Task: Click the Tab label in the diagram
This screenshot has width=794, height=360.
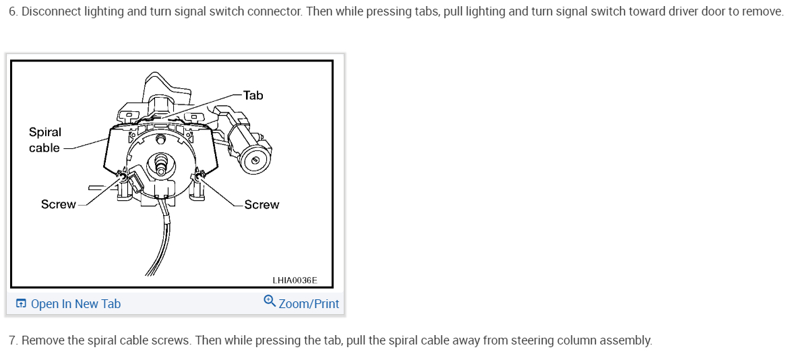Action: pos(253,95)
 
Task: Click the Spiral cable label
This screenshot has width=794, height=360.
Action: pos(44,140)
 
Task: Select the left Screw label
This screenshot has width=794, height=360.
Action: pos(58,204)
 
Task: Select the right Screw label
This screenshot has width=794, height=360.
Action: pos(262,204)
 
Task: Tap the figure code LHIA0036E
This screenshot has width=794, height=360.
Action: pos(295,280)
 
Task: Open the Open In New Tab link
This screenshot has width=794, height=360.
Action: pos(75,304)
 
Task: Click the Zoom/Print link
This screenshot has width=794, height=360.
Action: pos(309,304)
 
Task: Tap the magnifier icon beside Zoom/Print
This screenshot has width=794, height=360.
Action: pos(270,301)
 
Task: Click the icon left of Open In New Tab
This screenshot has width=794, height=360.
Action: pos(22,304)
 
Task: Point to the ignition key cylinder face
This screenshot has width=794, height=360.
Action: pos(255,160)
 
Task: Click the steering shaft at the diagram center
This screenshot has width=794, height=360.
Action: pos(161,163)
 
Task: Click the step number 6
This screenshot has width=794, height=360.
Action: pos(12,13)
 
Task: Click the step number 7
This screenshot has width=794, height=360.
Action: pos(12,340)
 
